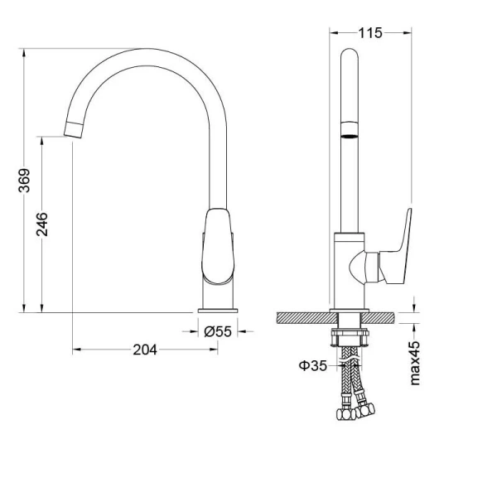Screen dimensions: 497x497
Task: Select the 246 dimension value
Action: tap(43, 224)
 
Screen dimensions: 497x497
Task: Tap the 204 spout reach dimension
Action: tap(145, 350)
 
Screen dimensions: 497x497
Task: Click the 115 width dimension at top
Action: tap(369, 33)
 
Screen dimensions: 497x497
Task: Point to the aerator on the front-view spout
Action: tap(350, 130)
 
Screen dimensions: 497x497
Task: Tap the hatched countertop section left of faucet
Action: tap(303, 317)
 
